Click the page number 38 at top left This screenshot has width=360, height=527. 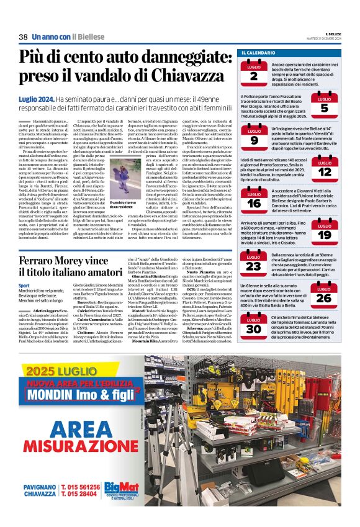coord(23,37)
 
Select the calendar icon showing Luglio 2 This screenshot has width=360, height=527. coord(254,72)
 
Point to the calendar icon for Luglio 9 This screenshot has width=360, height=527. coord(254,137)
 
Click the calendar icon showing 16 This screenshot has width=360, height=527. coord(254,200)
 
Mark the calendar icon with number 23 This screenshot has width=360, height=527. coord(254,263)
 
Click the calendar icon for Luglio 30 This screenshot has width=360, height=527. coord(254,326)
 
